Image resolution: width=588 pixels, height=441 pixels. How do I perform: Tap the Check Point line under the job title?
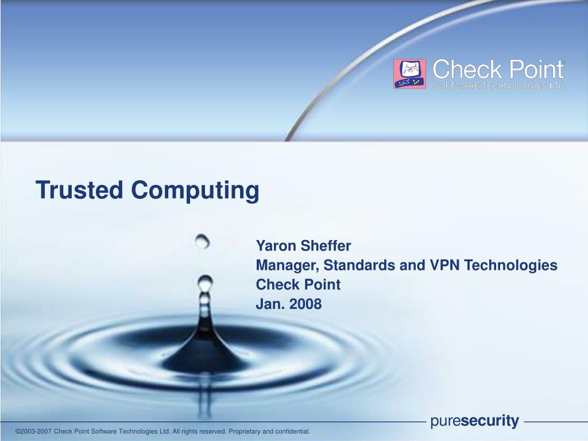(298, 285)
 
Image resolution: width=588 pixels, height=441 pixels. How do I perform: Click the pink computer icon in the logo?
(409, 74)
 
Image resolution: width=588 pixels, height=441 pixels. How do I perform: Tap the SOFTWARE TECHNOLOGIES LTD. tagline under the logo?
(500, 86)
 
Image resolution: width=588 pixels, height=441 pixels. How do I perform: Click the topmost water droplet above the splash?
(202, 241)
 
